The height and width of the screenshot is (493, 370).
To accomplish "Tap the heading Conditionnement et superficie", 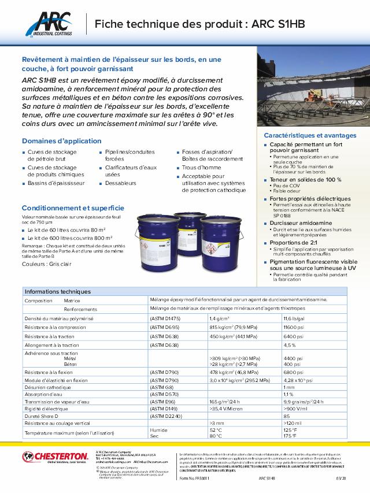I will [73, 207].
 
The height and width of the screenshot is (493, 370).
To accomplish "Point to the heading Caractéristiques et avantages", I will [306, 135].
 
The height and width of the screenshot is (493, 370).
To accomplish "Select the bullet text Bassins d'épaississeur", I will [56, 183].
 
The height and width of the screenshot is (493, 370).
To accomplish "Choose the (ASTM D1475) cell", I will [165, 318].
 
